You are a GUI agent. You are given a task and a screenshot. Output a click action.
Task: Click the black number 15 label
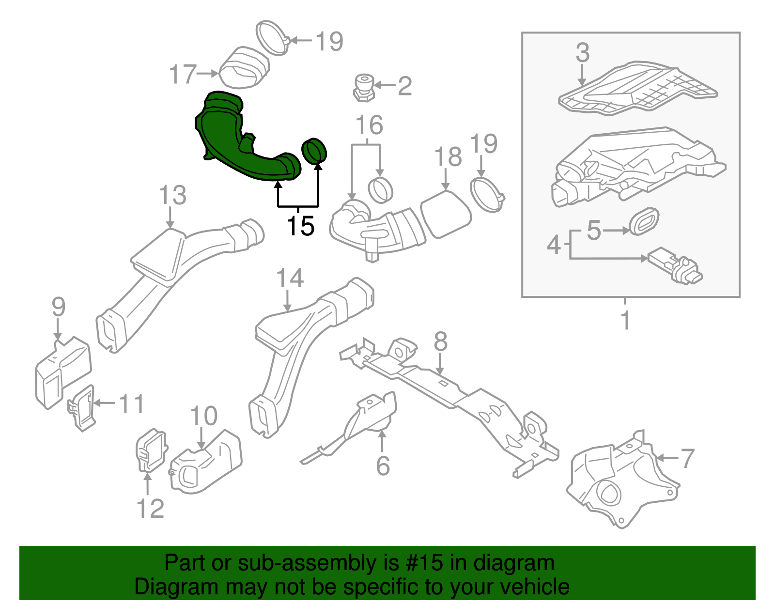click(x=300, y=226)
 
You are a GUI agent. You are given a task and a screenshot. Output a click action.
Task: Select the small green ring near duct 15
click(x=314, y=151)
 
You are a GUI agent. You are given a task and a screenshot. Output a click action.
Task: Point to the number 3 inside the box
click(x=583, y=52)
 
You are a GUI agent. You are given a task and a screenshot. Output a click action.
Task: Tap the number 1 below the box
click(x=625, y=320)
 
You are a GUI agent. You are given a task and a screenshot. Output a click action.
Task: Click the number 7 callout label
click(x=688, y=458)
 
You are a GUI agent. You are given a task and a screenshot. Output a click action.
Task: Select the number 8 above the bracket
click(x=440, y=342)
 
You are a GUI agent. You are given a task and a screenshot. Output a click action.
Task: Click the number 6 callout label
click(x=383, y=465)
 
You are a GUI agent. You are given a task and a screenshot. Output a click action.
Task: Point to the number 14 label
click(x=290, y=279)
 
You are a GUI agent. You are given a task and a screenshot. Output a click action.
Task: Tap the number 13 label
click(x=172, y=196)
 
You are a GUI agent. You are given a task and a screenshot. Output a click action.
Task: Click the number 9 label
click(x=58, y=307)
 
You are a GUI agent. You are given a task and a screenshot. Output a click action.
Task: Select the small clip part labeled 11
click(x=81, y=407)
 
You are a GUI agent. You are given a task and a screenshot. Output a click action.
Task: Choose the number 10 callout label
click(x=203, y=416)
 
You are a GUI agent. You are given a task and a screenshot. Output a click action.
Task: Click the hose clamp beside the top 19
click(x=272, y=38)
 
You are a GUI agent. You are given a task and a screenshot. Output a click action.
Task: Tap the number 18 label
click(x=448, y=157)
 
